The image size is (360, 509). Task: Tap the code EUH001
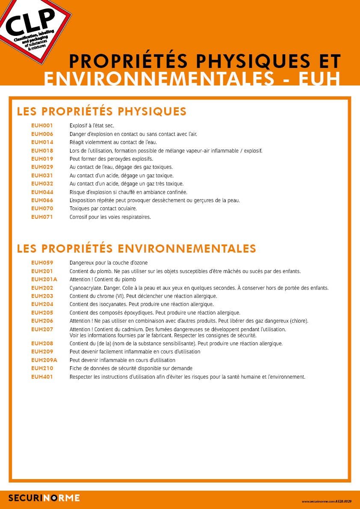point(42,126)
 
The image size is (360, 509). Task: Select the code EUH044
point(42,192)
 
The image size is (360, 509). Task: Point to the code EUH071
point(42,217)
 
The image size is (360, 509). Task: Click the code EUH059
point(42,262)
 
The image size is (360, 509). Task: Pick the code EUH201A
point(44,279)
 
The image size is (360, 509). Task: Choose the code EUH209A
point(44,360)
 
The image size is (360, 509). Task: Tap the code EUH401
point(42,377)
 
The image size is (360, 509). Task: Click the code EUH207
point(42,329)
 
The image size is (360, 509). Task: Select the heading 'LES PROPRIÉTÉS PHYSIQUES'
point(102,112)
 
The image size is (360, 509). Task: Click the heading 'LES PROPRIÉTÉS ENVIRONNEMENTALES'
point(136,248)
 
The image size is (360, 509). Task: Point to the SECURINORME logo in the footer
point(44,497)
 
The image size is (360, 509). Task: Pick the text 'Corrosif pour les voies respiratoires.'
point(110,217)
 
